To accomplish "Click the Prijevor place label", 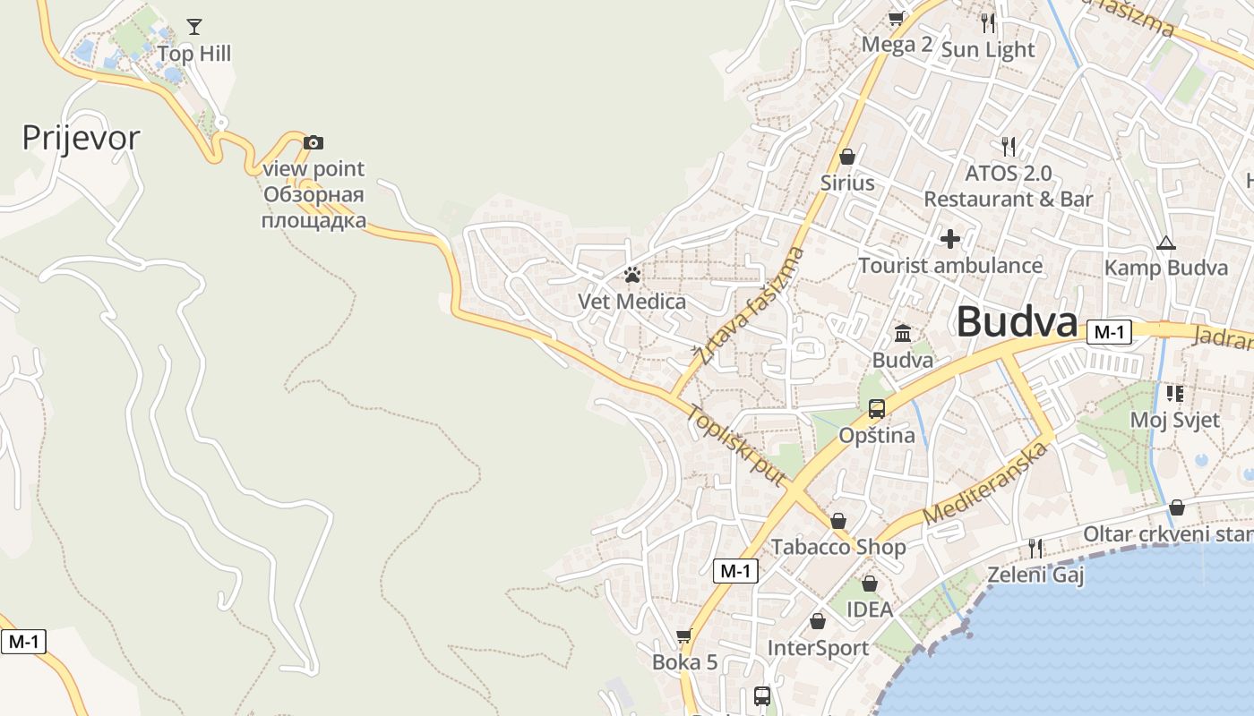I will click(x=81, y=138).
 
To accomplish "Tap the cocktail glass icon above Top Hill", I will click(x=194, y=27).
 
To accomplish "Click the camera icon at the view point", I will click(x=313, y=142).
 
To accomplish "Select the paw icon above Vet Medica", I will click(x=632, y=275).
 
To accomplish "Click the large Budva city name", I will click(x=1017, y=322).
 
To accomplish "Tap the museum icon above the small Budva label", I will click(x=903, y=334).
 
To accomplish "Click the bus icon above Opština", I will click(x=877, y=409).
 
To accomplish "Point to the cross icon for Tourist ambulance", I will click(x=950, y=239).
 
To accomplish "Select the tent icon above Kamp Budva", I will click(x=1165, y=243).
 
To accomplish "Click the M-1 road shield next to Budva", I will click(x=1109, y=332).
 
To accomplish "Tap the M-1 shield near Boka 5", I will click(x=735, y=571).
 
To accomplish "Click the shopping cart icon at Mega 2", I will click(x=896, y=18).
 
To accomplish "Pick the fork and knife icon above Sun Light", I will click(x=988, y=22).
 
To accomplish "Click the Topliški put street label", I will click(x=737, y=445).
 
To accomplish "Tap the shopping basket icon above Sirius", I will click(x=846, y=158).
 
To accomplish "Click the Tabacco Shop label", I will click(x=838, y=546).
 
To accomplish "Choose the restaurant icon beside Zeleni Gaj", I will click(x=1035, y=548).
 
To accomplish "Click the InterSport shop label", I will click(x=818, y=647).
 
